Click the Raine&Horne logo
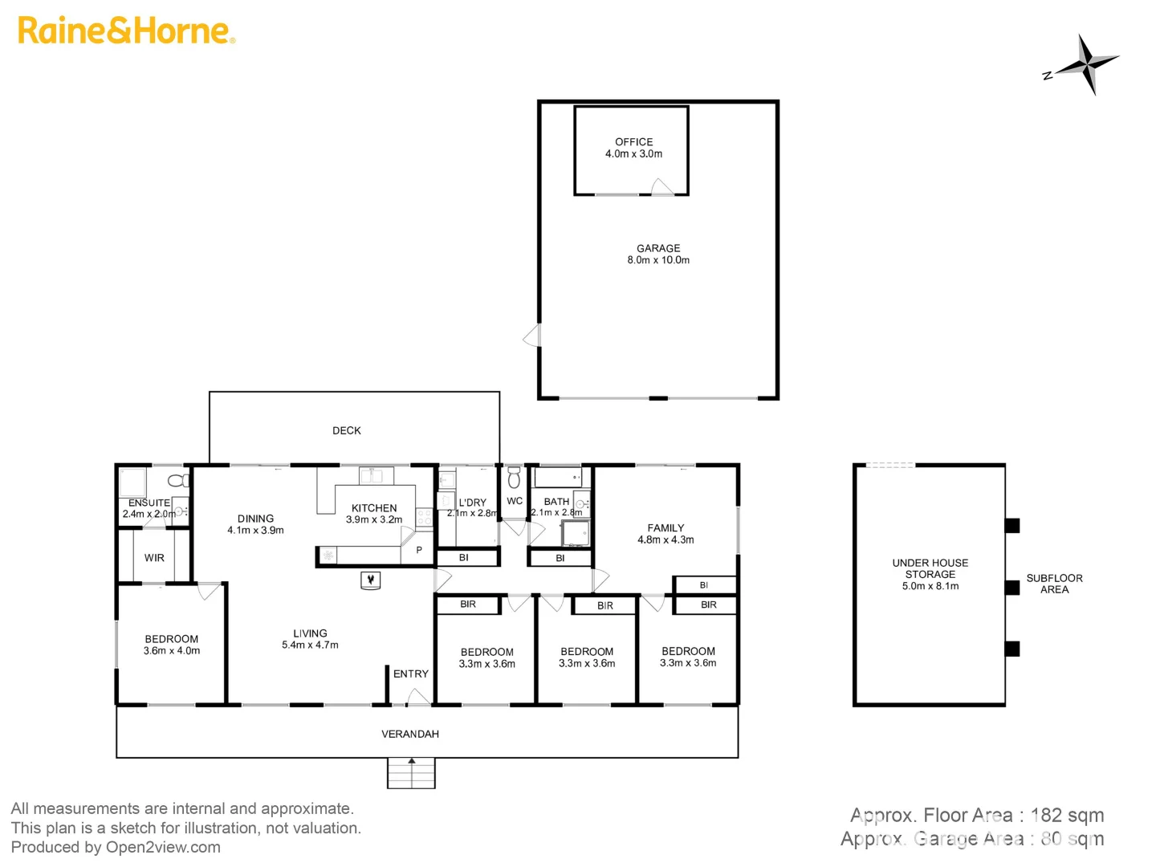pos(126,31)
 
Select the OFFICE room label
pos(633,142)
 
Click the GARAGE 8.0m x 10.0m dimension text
pos(658,260)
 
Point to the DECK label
pos(347,431)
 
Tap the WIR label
pos(154,558)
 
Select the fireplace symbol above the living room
pos(370,580)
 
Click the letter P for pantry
pos(419,551)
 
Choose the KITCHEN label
pos(374,508)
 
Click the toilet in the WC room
pos(514,478)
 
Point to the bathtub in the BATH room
pos(557,478)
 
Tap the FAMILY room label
pos(666,528)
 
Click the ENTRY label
pos(411,674)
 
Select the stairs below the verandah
pos(411,774)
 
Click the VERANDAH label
pos(410,734)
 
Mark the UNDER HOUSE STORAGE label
pos(930,568)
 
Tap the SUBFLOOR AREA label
pos(1054,584)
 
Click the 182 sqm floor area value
pos(1067,816)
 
